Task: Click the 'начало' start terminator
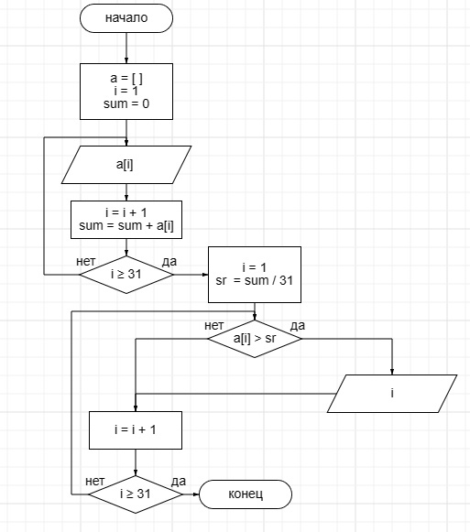tap(126, 18)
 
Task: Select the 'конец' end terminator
tap(246, 494)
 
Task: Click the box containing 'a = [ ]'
tap(126, 92)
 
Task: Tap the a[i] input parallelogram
tap(126, 165)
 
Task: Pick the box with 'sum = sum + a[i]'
tap(126, 220)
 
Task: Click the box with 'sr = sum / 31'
tap(255, 275)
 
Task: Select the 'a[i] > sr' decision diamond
tap(255, 339)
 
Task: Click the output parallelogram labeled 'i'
tap(392, 394)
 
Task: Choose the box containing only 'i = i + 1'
tap(136, 430)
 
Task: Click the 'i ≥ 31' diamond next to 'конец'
tap(136, 494)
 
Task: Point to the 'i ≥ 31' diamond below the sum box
tap(126, 275)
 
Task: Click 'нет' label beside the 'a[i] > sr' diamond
tap(214, 326)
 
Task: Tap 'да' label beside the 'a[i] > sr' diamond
tap(298, 326)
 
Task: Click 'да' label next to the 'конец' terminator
tap(179, 481)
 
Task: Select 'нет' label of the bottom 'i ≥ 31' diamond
tap(94, 481)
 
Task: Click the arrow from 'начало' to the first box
tap(126, 49)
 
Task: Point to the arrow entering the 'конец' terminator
tap(191, 494)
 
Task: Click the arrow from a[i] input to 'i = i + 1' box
tap(126, 192)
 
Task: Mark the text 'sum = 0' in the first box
tap(126, 103)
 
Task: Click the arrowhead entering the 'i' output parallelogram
tap(392, 372)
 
